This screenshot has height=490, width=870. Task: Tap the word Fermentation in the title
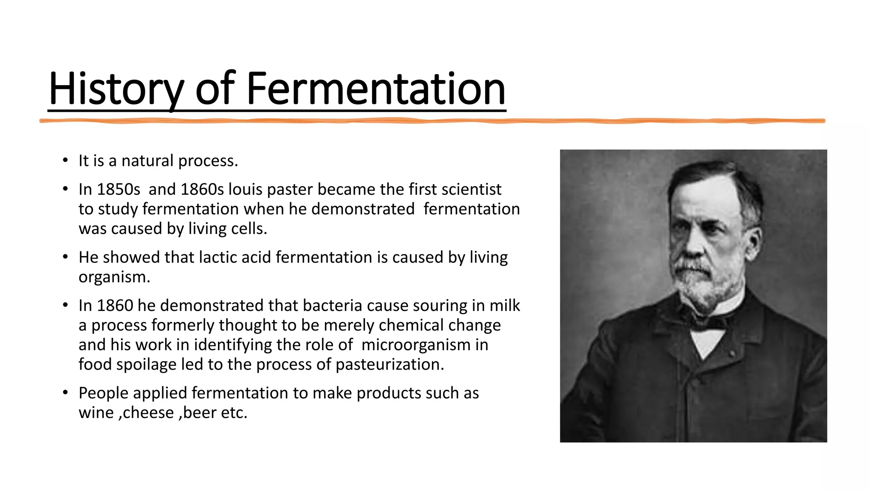[376, 89]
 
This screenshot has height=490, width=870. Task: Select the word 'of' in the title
[215, 89]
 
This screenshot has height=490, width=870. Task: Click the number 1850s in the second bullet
[118, 189]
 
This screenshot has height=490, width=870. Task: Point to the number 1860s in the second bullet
[202, 189]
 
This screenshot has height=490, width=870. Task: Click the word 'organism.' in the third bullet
[114, 277]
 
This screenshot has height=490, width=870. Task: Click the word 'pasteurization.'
[390, 365]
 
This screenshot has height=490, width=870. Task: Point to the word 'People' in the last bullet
[103, 393]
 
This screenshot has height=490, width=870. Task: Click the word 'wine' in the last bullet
[96, 413]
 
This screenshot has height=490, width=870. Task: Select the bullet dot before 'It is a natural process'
[65, 161]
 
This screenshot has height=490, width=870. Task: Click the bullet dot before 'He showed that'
[65, 257]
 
